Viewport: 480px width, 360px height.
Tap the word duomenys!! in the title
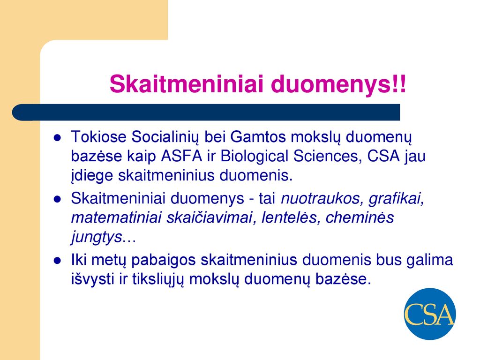coord(338,84)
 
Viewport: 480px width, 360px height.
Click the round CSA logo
coord(429,314)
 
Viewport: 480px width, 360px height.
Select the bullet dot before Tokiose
coord(57,138)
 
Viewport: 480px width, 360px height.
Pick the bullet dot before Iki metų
coord(57,261)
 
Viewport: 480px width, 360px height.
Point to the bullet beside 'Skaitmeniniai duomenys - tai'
coord(57,200)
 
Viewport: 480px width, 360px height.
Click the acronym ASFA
coord(181,156)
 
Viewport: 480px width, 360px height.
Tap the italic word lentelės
coord(291,218)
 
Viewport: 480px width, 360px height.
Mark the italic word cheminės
coord(360,217)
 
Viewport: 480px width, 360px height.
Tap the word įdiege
coord(92,177)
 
